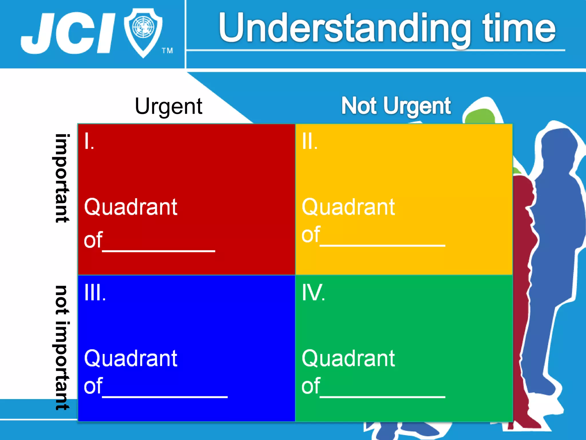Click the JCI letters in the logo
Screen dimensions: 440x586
pyautogui.click(x=67, y=33)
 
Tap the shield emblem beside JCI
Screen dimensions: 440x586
pyautogui.click(x=143, y=32)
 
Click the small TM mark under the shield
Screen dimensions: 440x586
pyautogui.click(x=167, y=51)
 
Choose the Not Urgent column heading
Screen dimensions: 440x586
pyautogui.click(x=396, y=106)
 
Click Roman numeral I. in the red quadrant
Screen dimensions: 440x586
pyautogui.click(x=89, y=142)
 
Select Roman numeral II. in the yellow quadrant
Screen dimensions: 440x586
pyautogui.click(x=310, y=142)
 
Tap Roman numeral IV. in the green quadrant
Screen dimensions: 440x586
pyautogui.click(x=313, y=293)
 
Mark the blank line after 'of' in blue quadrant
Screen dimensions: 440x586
pyautogui.click(x=165, y=396)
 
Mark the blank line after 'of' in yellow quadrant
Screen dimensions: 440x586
pyautogui.click(x=382, y=245)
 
